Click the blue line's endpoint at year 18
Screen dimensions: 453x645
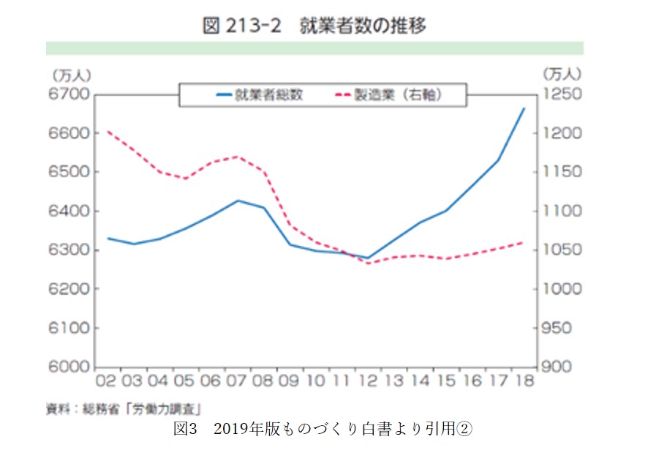524,108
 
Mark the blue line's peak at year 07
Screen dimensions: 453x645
237,201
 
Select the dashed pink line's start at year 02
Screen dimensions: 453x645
107,132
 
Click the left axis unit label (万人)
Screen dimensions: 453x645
70,75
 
